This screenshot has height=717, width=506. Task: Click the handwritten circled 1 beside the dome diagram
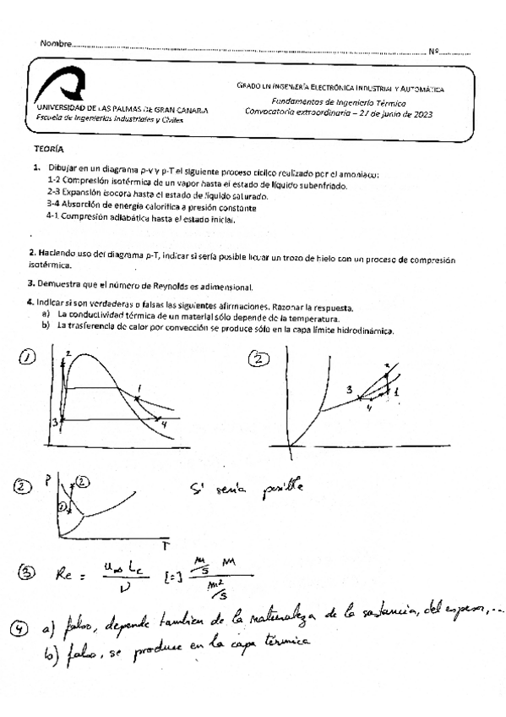pos(30,358)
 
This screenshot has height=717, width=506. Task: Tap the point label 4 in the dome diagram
pos(164,423)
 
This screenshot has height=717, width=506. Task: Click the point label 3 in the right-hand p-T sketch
pos(348,390)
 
